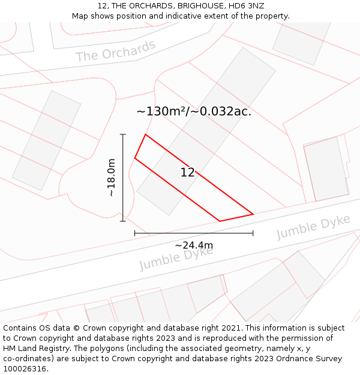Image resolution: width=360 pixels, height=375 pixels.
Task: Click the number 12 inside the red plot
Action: point(187,173)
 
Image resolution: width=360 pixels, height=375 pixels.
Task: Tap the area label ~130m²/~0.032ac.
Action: point(194,111)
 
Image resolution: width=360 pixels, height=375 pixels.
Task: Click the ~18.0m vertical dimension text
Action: point(112,178)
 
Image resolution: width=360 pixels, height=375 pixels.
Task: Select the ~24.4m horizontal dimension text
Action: point(194,245)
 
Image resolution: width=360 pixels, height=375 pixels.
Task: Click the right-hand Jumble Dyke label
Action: point(313,227)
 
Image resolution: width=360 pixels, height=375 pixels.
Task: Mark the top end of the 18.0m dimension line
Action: point(123,134)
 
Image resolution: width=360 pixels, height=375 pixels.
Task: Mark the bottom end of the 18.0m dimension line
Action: point(123,221)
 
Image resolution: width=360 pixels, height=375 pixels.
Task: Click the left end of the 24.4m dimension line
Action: point(135,233)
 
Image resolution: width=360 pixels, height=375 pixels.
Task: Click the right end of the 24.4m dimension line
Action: point(253,233)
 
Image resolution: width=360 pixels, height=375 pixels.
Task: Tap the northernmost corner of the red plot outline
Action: point(145,134)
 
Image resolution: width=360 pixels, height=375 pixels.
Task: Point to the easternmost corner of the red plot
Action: point(253,214)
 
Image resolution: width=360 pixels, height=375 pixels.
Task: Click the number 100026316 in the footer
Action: point(25,369)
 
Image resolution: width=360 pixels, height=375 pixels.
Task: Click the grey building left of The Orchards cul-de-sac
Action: point(46,141)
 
